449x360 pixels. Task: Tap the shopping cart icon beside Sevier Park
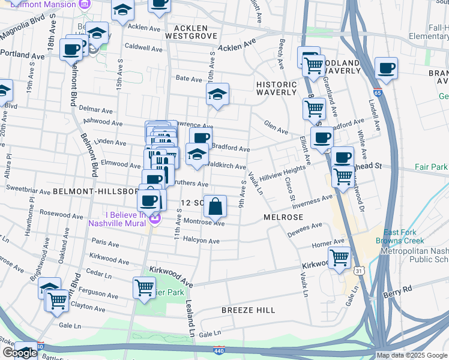(145, 287)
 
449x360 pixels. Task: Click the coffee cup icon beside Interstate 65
(386, 68)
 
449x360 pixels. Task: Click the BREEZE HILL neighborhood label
(248, 310)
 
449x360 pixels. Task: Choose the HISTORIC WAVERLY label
(276, 88)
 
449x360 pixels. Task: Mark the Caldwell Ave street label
(143, 46)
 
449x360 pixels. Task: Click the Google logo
(20, 353)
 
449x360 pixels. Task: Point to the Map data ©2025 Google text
(412, 355)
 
